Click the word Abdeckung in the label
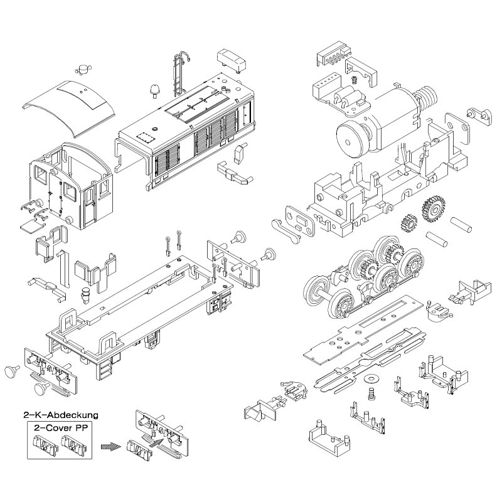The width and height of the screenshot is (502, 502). point(73,415)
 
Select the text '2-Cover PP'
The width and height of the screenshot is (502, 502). point(60,428)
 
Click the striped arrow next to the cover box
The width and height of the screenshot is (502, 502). point(110,447)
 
